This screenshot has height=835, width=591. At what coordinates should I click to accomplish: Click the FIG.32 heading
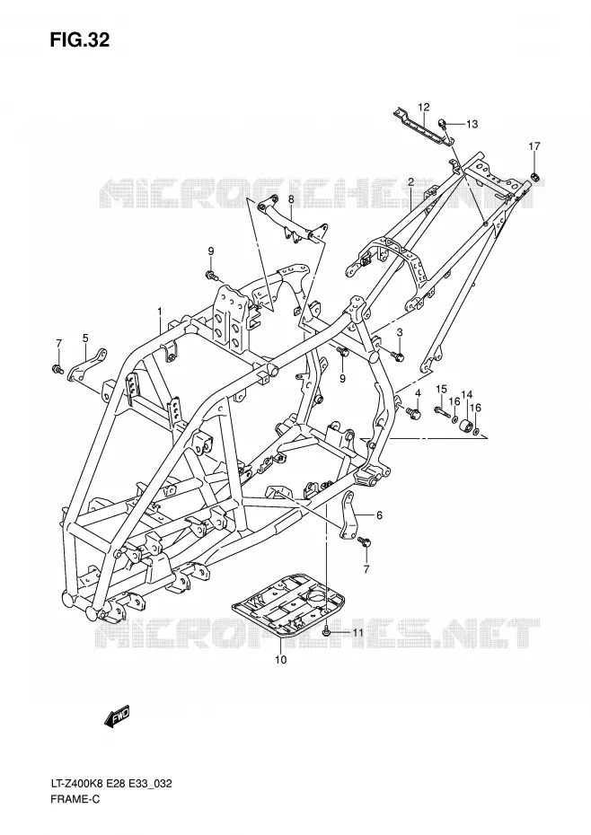pyautogui.click(x=80, y=40)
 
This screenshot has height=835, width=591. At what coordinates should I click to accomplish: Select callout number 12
pyautogui.click(x=424, y=107)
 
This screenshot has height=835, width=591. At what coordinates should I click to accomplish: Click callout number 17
pyautogui.click(x=534, y=146)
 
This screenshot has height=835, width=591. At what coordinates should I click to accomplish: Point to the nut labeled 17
pyautogui.click(x=535, y=177)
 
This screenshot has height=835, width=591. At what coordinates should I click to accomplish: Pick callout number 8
pyautogui.click(x=292, y=199)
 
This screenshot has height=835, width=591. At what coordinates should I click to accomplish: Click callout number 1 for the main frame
pyautogui.click(x=159, y=310)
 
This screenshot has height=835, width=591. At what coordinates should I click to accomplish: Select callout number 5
pyautogui.click(x=85, y=337)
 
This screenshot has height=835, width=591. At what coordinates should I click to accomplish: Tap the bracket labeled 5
pyautogui.click(x=87, y=365)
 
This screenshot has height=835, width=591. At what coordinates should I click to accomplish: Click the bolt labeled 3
pyautogui.click(x=398, y=355)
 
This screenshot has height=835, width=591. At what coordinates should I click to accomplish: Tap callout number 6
pyautogui.click(x=379, y=515)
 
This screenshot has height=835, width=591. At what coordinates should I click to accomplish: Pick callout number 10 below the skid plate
pyautogui.click(x=281, y=660)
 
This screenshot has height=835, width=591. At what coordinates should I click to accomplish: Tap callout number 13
pyautogui.click(x=472, y=124)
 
